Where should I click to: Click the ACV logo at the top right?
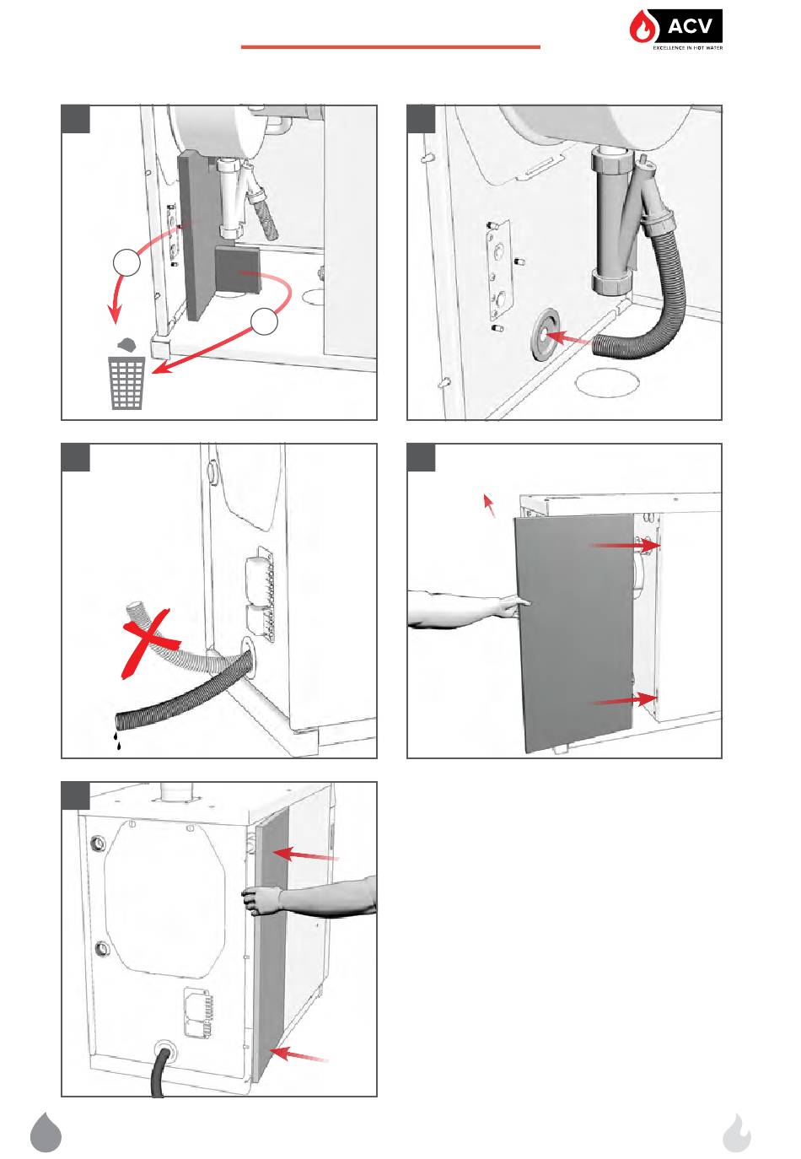[x=675, y=30]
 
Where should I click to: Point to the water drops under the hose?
[x=118, y=741]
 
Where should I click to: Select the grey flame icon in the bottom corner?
[x=736, y=1133]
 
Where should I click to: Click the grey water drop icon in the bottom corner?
[x=46, y=1132]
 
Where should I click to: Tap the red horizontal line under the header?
[x=390, y=47]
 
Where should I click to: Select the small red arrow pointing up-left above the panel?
[x=488, y=504]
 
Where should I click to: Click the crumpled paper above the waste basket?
[x=126, y=344]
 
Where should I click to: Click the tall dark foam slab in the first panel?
[x=194, y=236]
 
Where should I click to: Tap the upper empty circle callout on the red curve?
[x=126, y=261]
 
